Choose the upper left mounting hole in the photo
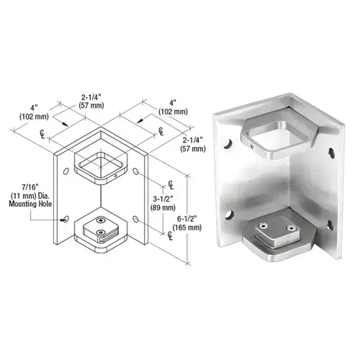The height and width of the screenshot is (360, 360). tap(230, 144)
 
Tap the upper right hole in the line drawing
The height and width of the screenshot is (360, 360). tap(136, 171)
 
